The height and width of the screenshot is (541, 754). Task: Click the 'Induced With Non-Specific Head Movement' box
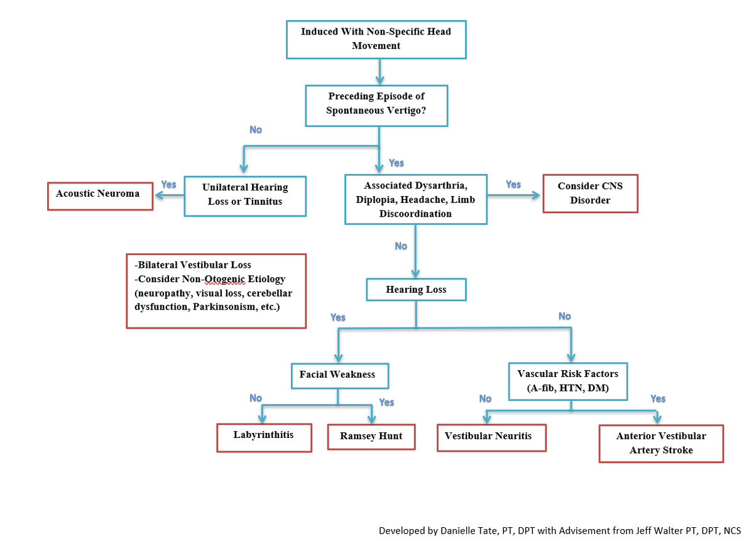pos(376,39)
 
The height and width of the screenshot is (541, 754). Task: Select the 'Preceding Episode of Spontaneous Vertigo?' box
pos(376,104)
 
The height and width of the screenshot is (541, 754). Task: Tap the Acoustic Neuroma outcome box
pos(101,195)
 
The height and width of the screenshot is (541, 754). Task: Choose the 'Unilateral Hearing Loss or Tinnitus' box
pos(245,195)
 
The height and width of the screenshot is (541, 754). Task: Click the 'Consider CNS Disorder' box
pos(590,194)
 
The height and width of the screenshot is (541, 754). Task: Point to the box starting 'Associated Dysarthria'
pos(415,199)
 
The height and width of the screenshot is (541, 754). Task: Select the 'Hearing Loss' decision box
pos(416,290)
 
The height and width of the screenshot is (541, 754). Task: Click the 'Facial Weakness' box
pos(339,375)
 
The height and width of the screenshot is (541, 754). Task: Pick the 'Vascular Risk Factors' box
pos(571,381)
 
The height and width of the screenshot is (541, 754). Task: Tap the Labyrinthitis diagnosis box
pos(264,437)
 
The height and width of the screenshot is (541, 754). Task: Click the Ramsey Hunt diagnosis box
pos(371,436)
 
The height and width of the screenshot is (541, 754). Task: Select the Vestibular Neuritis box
pos(491,437)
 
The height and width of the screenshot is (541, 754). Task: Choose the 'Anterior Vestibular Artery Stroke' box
pos(661,443)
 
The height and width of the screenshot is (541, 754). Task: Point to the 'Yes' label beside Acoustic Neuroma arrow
pos(168,185)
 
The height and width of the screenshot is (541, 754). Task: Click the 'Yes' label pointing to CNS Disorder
pos(513,185)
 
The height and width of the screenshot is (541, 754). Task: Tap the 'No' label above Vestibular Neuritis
pos(485,398)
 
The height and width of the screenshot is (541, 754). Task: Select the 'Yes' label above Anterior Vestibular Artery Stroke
pos(658,398)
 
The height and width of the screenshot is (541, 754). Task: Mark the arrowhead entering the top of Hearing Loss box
pos(415,274)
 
